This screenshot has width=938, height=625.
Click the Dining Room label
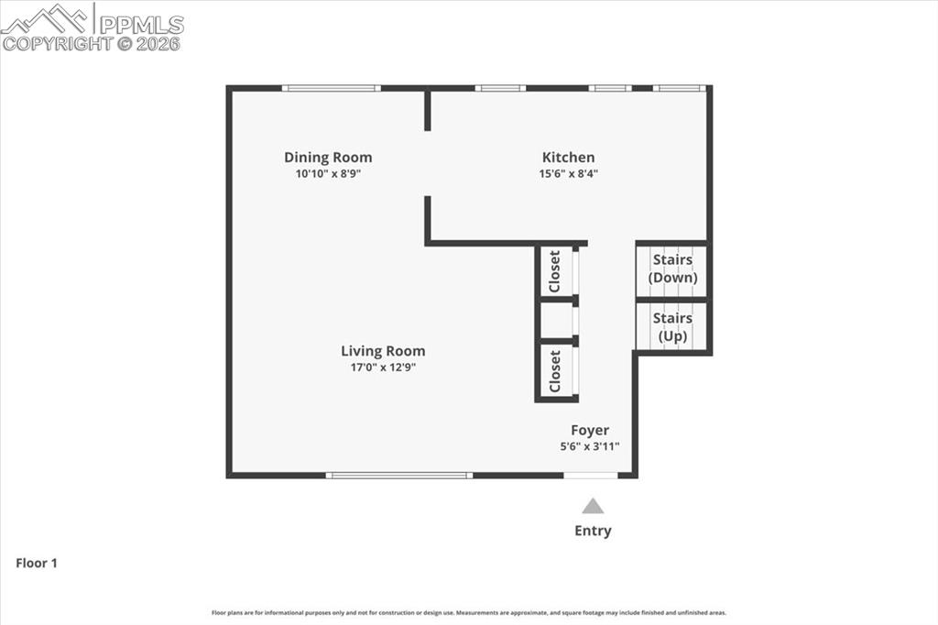click(328, 158)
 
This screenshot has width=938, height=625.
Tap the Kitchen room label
click(568, 158)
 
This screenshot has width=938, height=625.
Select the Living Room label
click(383, 351)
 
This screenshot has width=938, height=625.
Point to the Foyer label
click(590, 431)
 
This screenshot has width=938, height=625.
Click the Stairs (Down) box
click(671, 269)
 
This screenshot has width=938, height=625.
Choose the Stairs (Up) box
click(671, 326)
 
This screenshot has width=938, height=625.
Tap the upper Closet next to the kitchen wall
click(555, 271)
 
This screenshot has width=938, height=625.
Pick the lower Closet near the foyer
click(555, 371)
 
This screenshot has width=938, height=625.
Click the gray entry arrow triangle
click(594, 506)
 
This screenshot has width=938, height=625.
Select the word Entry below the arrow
click(593, 531)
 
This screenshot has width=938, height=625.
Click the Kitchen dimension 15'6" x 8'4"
click(568, 173)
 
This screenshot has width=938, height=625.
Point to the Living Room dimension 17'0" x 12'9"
click(383, 367)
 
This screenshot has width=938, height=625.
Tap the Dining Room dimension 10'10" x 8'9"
click(328, 173)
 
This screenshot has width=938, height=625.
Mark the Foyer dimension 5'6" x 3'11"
click(590, 447)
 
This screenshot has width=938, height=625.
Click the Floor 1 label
click(37, 564)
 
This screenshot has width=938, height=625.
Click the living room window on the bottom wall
click(399, 476)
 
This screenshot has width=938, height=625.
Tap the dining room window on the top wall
click(331, 88)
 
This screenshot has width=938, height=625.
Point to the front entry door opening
click(591, 476)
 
